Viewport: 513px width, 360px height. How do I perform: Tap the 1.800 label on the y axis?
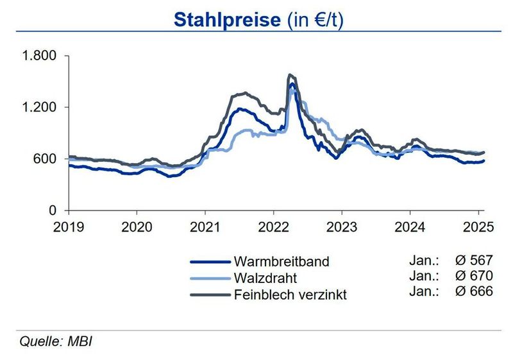click(x=40, y=56)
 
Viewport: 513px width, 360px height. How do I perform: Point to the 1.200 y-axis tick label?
click(x=40, y=107)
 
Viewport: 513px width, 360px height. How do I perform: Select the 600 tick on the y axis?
click(x=47, y=159)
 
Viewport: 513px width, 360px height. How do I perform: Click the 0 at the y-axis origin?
click(x=54, y=210)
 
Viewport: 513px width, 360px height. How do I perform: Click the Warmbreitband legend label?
click(x=282, y=262)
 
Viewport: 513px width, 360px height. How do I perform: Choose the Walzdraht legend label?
click(x=265, y=278)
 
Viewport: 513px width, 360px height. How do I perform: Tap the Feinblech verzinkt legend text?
click(x=290, y=295)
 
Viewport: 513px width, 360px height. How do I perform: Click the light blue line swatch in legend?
click(x=210, y=279)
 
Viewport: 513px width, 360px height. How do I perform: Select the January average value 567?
click(x=482, y=261)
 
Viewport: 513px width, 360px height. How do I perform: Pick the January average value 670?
click(x=482, y=276)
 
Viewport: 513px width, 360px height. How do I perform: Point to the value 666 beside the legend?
click(x=482, y=291)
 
